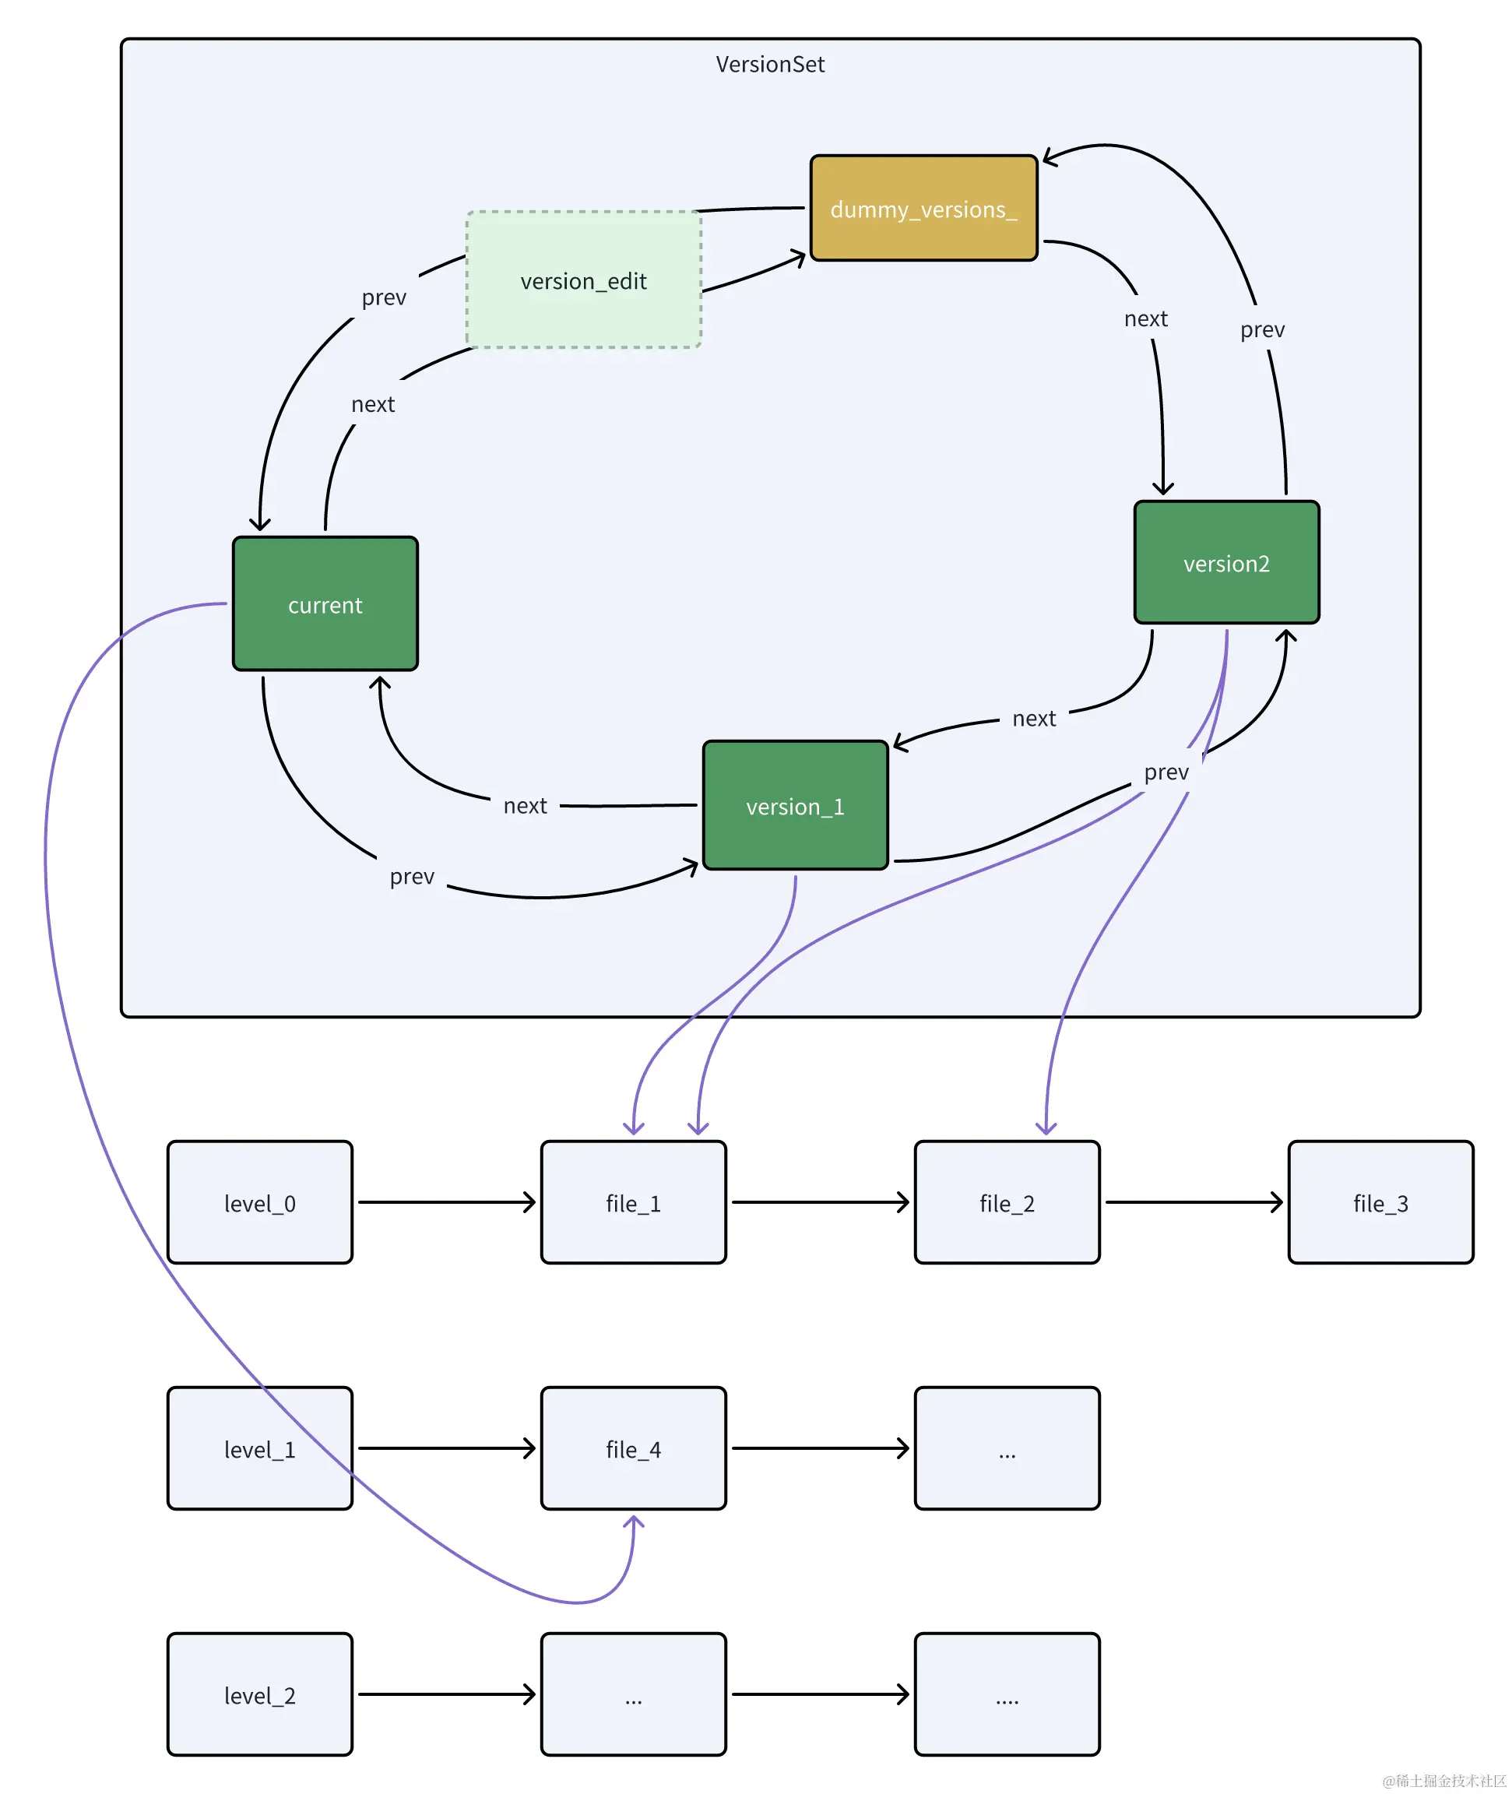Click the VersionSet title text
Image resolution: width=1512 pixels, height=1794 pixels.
click(x=770, y=65)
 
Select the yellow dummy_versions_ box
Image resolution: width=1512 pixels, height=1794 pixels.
click(x=923, y=208)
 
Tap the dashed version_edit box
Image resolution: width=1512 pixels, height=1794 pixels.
click(x=584, y=280)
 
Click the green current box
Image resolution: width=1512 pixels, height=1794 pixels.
click(x=325, y=603)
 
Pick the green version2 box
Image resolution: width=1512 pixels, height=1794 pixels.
click(x=1225, y=562)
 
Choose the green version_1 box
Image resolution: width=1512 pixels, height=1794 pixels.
click(x=795, y=805)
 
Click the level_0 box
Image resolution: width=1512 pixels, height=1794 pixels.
click(x=260, y=1201)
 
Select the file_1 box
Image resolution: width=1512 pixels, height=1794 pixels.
click(x=634, y=1201)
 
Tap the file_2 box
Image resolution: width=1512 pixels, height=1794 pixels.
click(x=1007, y=1201)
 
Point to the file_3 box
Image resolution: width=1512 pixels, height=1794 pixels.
click(x=1381, y=1201)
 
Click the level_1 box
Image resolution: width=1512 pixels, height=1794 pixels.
click(x=260, y=1448)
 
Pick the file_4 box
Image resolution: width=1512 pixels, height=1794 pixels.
click(x=634, y=1448)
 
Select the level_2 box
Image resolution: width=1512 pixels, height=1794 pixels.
click(x=260, y=1694)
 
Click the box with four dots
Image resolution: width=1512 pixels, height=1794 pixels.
click(x=1007, y=1694)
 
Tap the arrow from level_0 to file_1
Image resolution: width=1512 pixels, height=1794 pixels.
click(x=447, y=1201)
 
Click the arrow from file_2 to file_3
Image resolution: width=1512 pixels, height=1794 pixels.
click(x=1194, y=1201)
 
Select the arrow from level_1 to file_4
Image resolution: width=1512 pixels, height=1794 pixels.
click(x=447, y=1448)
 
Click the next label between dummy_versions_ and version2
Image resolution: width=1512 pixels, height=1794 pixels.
click(x=1145, y=319)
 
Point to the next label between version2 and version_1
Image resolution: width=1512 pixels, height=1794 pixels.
click(x=1034, y=718)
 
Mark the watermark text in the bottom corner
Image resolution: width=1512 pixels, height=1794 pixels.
click(x=1444, y=1779)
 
